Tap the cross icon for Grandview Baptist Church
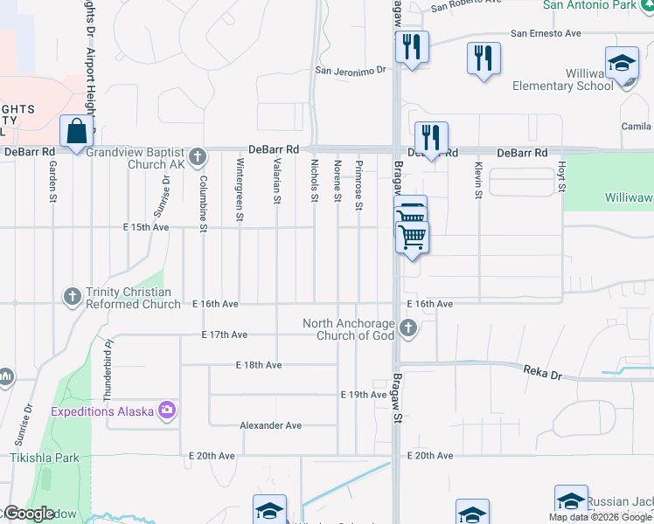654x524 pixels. point(198,157)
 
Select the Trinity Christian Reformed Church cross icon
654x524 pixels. point(73,297)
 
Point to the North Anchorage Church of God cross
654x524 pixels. point(407,329)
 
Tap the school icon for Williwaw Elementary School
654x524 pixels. point(622,64)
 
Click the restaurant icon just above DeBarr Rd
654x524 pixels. point(431,138)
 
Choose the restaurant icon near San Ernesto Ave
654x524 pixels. point(484,59)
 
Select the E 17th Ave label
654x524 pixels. point(225,334)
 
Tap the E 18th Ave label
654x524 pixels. point(259,364)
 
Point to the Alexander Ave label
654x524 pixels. point(271,425)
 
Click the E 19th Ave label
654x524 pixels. point(363,395)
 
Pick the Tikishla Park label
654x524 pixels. point(45,457)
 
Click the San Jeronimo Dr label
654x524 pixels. point(351,71)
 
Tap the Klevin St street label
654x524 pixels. point(478,181)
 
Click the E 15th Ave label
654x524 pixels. point(146,227)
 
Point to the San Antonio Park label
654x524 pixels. point(589,5)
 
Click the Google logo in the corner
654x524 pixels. point(29,514)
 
